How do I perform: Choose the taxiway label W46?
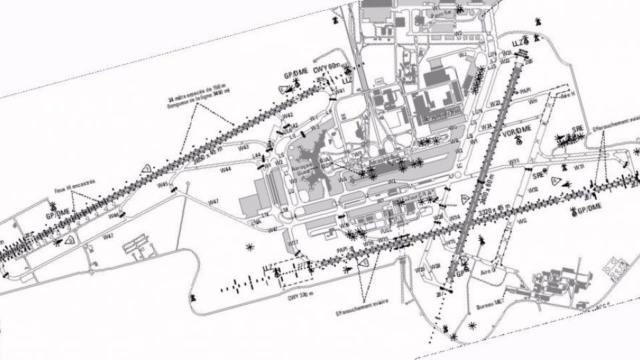(x=114, y=215)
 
